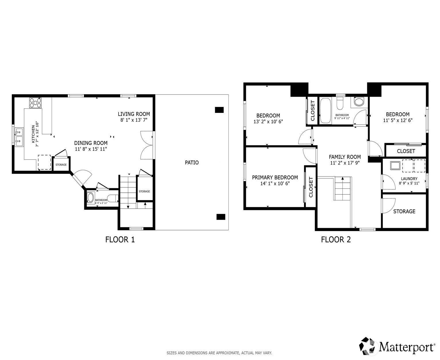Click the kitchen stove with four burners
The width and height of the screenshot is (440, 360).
pyautogui.click(x=35, y=103)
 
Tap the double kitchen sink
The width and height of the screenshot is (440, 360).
pyautogui.click(x=19, y=137)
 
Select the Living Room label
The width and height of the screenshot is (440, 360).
pyautogui.click(x=134, y=114)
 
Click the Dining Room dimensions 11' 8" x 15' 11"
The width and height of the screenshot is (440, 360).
pyautogui.click(x=91, y=149)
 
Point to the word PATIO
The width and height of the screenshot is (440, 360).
pyautogui.click(x=192, y=163)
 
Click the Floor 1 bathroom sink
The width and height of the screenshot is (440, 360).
pyautogui.click(x=90, y=198)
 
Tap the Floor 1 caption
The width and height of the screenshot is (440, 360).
pyautogui.click(x=120, y=240)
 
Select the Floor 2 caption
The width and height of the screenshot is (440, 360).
pyautogui.click(x=336, y=240)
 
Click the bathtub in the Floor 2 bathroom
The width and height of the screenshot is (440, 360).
pyautogui.click(x=325, y=111)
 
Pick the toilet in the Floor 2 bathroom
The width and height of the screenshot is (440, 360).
pyautogui.click(x=340, y=102)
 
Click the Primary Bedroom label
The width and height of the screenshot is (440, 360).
pyautogui.click(x=275, y=178)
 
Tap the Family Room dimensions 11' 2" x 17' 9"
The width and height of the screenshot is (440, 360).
pyautogui.click(x=345, y=163)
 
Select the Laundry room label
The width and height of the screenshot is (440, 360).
pyautogui.click(x=409, y=179)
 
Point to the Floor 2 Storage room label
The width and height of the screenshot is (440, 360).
pyautogui.click(x=404, y=211)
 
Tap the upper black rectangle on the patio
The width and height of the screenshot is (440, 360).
pyautogui.click(x=219, y=110)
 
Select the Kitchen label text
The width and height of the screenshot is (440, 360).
pyautogui.click(x=33, y=134)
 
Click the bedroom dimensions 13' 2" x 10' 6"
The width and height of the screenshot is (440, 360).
pyautogui.click(x=268, y=122)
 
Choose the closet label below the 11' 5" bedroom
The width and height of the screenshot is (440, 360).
pyautogui.click(x=406, y=151)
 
